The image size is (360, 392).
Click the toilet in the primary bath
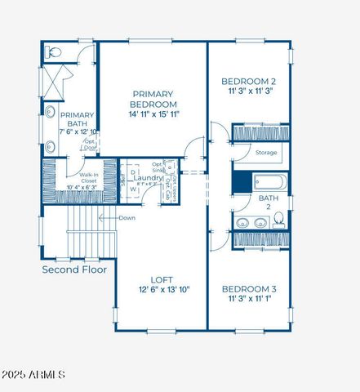(x=54, y=51)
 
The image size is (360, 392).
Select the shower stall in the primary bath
(x=56, y=82)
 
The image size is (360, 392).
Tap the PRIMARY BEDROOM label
(x=153, y=100)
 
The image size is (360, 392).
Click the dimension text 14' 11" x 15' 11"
(x=153, y=115)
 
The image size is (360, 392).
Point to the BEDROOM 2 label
(x=249, y=82)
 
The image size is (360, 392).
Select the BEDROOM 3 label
(x=249, y=289)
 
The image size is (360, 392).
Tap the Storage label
(x=266, y=153)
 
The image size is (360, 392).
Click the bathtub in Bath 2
(x=269, y=183)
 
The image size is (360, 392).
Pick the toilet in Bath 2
(x=279, y=220)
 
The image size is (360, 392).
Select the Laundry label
(x=149, y=177)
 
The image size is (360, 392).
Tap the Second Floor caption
(x=75, y=269)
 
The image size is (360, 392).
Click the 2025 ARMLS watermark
(x=34, y=375)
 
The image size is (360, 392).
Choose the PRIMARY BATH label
(x=78, y=120)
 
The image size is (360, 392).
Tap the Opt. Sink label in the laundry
(x=169, y=167)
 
